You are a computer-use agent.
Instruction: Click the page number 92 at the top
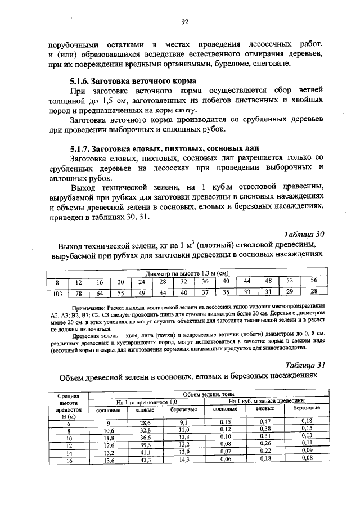pyautogui.click(x=184, y=22)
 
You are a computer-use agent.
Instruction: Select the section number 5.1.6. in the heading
pyautogui.click(x=79, y=80)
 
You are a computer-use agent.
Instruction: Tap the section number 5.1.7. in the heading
pyautogui.click(x=79, y=148)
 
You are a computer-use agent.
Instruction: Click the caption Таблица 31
pyautogui.click(x=305, y=364)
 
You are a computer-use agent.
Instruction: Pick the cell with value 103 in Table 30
pyautogui.click(x=56, y=292)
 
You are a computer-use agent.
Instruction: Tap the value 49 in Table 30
pyautogui.click(x=142, y=292)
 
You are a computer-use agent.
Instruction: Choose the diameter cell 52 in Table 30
pyautogui.click(x=289, y=281)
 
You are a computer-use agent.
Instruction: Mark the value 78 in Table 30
pyautogui.click(x=79, y=292)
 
